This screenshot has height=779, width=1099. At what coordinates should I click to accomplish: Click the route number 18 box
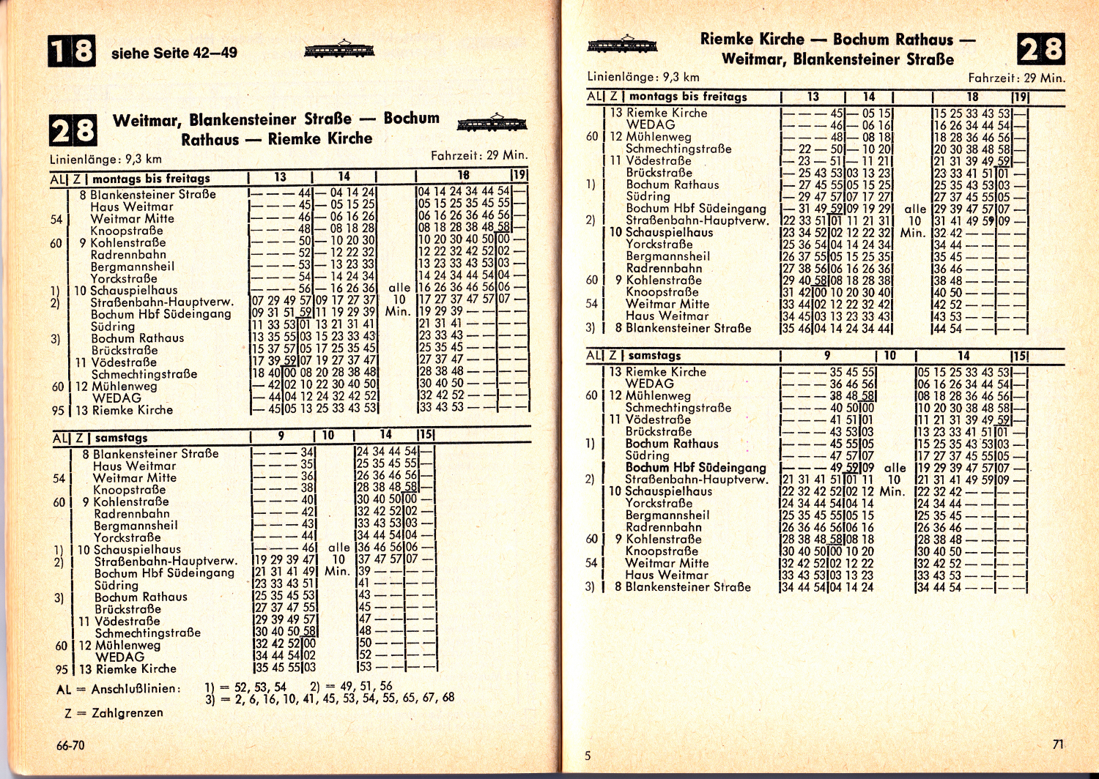coord(71,52)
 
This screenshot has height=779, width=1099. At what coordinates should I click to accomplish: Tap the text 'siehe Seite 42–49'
coord(174,53)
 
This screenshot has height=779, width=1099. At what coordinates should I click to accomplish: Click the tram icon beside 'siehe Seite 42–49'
coord(339,50)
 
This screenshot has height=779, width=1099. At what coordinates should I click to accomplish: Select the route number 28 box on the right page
coord(1040,49)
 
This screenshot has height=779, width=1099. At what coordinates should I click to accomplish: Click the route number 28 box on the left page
coord(73,131)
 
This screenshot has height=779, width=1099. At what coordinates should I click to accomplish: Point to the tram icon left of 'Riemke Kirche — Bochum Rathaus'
coord(622,44)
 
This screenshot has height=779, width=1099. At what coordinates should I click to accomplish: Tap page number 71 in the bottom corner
coord(1057,744)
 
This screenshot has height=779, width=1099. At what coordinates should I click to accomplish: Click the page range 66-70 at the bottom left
coord(70,745)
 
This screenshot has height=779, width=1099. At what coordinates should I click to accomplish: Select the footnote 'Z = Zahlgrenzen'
coord(114,712)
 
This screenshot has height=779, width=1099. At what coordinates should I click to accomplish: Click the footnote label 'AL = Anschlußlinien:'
coord(117,689)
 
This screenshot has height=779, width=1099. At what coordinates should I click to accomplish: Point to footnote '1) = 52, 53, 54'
coord(245,687)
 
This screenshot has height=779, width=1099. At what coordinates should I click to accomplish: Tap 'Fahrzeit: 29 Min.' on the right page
coord(1016,78)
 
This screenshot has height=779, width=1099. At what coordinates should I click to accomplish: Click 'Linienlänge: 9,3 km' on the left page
coord(106,159)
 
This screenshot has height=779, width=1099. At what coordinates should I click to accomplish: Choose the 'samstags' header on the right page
coord(654,355)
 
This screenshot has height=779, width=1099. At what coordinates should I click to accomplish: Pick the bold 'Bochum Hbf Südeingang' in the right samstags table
coord(696,467)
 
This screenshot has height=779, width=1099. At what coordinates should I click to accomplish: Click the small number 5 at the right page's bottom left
coord(588,756)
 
